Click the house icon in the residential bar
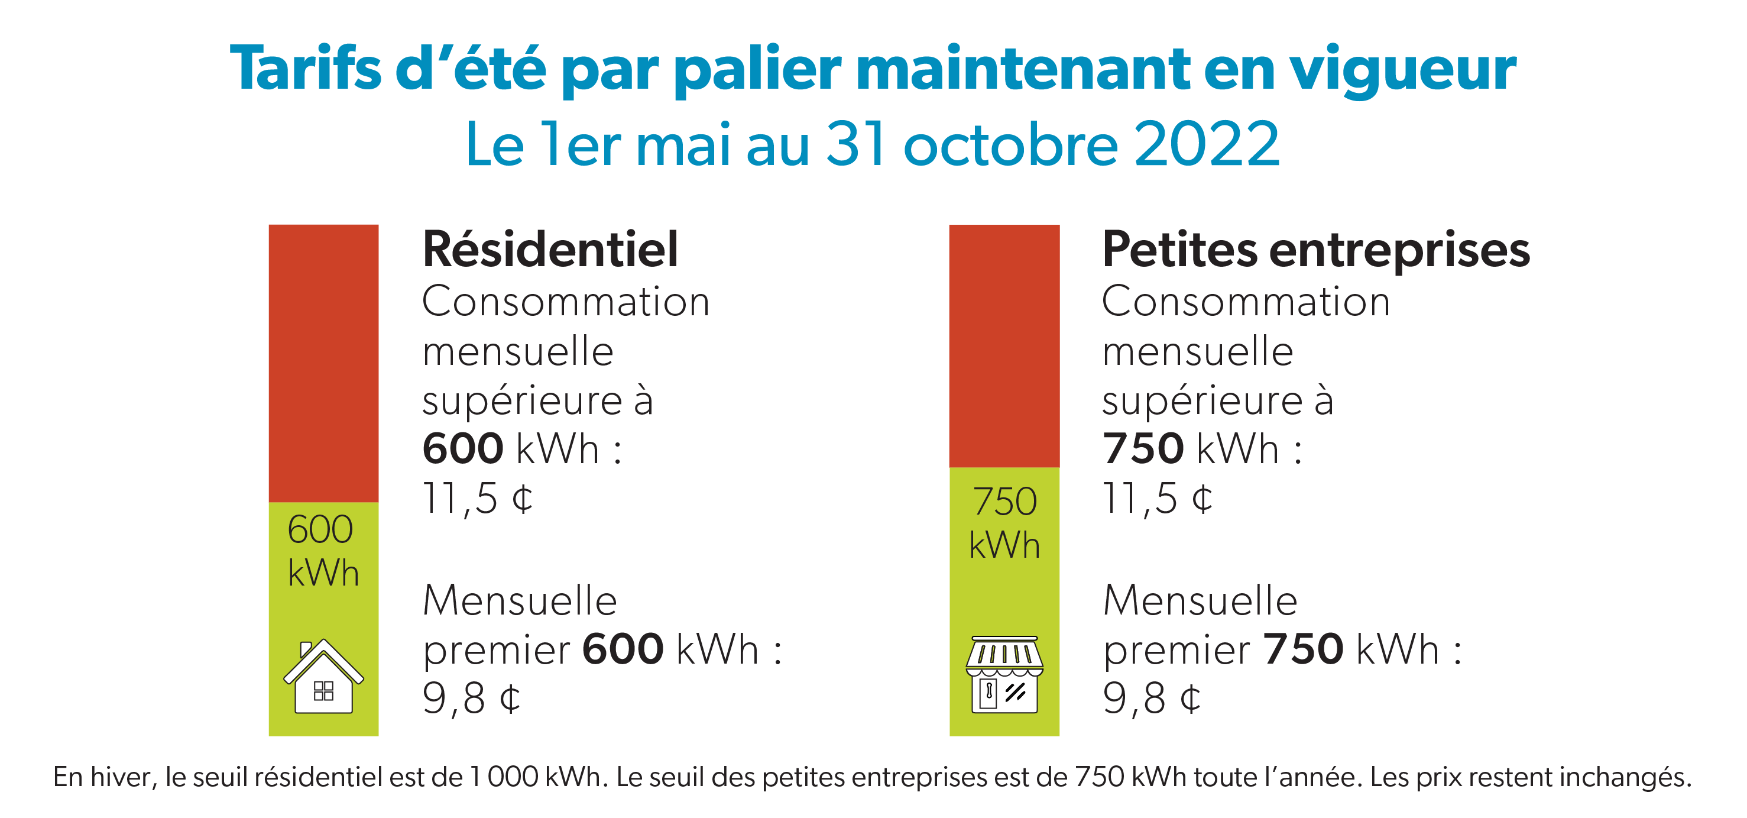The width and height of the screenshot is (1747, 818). pyautogui.click(x=323, y=677)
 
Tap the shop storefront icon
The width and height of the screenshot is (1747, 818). pyautogui.click(x=1004, y=675)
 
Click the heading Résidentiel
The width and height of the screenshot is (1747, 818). pyautogui.click(x=550, y=250)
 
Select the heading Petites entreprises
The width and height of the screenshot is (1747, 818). pyautogui.click(x=1315, y=250)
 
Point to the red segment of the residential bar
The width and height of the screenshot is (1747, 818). pyautogui.click(x=323, y=363)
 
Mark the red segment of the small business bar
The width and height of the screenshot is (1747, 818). pyautogui.click(x=1004, y=346)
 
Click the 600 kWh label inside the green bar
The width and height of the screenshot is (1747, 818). pyautogui.click(x=322, y=551)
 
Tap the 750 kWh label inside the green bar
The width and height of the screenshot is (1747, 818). pyautogui.click(x=1004, y=523)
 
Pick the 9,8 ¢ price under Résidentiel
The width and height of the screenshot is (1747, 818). pyautogui.click(x=471, y=699)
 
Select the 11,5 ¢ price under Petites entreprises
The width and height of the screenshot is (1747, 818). pyautogui.click(x=1158, y=499)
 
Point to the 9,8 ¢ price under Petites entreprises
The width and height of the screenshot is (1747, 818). pyautogui.click(x=1152, y=699)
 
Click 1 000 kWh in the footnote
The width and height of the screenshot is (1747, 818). pyautogui.click(x=536, y=777)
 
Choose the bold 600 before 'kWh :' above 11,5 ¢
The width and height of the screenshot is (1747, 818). pyautogui.click(x=462, y=448)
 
